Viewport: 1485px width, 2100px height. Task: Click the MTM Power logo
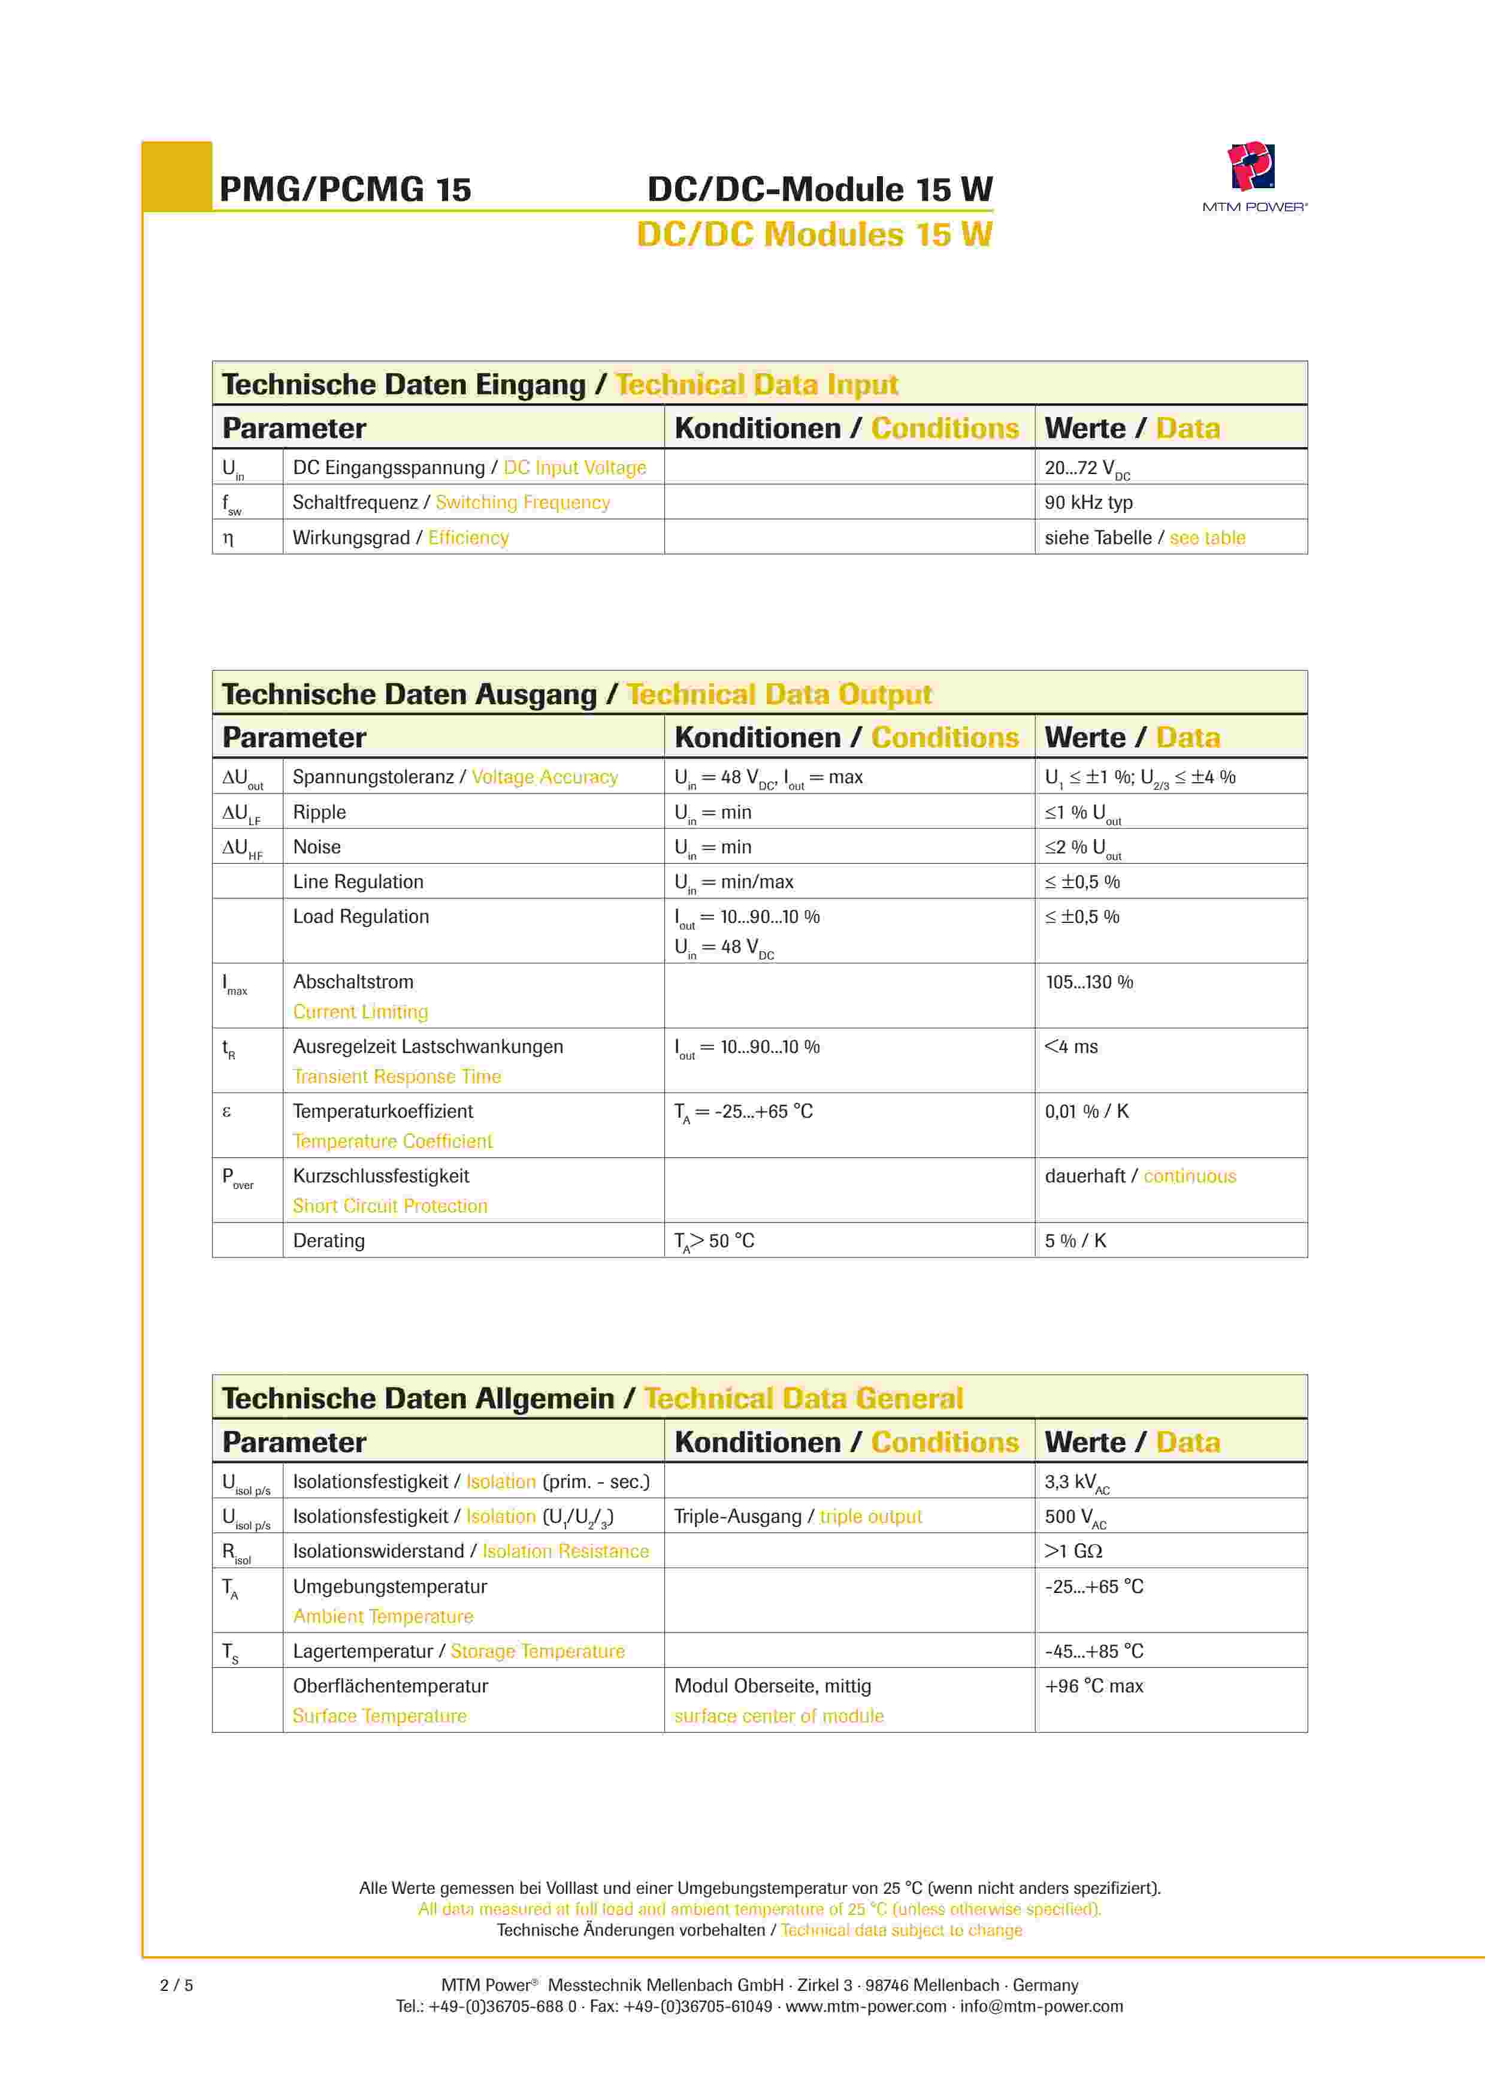click(x=1253, y=168)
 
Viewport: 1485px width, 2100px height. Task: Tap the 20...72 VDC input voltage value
click(x=1086, y=468)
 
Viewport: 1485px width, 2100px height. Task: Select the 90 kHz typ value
click(x=1088, y=502)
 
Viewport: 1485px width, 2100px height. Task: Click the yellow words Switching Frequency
click(x=522, y=502)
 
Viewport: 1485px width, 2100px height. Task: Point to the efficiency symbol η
click(x=229, y=539)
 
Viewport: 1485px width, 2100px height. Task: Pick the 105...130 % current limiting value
click(x=1088, y=982)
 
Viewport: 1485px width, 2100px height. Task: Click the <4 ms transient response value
click(x=1071, y=1046)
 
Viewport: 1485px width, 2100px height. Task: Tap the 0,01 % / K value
click(x=1086, y=1111)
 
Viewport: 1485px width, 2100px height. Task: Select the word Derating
click(x=328, y=1241)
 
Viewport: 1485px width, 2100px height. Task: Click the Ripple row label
click(x=319, y=812)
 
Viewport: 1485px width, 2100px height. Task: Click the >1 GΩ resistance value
click(x=1073, y=1551)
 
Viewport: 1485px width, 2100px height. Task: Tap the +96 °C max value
click(x=1094, y=1686)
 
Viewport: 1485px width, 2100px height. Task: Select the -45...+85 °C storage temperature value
click(x=1094, y=1652)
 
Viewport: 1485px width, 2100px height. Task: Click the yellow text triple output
click(x=870, y=1516)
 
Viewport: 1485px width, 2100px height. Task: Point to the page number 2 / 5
click(x=177, y=1986)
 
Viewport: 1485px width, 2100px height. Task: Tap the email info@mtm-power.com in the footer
click(x=1042, y=2007)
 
